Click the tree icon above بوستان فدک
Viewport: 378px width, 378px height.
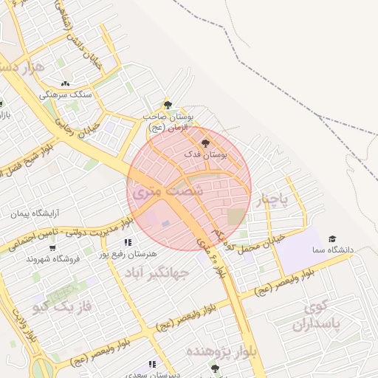click(205, 142)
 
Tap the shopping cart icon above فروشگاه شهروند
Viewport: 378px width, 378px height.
click(52, 247)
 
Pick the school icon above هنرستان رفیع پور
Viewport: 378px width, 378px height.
click(128, 242)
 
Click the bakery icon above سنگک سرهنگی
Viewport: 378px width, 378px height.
click(66, 83)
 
